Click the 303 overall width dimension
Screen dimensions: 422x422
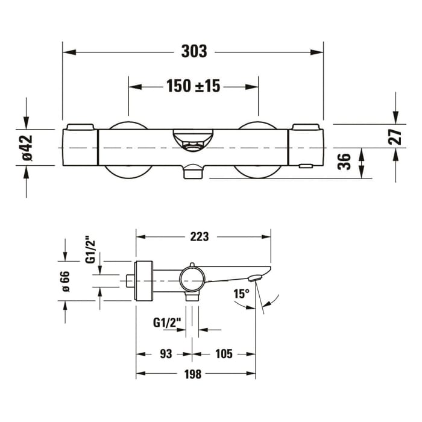(194, 52)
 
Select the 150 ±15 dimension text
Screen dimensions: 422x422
(194, 87)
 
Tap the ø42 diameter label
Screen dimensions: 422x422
(27, 148)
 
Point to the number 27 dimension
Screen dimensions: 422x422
(395, 137)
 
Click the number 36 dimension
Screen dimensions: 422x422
(344, 162)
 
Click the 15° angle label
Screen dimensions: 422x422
(241, 294)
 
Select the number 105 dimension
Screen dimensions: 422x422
(223, 354)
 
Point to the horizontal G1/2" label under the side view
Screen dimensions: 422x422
(167, 322)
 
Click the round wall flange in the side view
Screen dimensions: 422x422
(142, 282)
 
